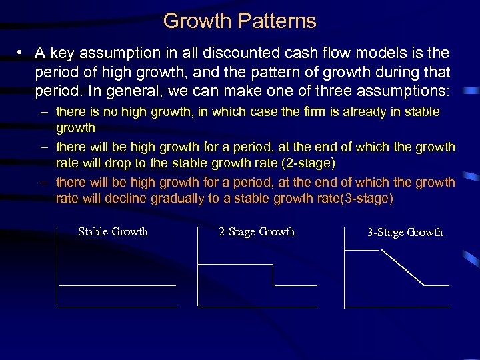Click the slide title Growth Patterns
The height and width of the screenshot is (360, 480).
tap(239, 21)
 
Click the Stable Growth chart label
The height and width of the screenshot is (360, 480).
tap(113, 232)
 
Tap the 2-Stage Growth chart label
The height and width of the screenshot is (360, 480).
tap(257, 232)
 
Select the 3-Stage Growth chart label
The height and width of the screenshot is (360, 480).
tap(405, 233)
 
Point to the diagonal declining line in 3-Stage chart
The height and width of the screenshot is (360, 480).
tap(401, 267)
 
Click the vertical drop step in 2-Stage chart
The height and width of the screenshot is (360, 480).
tap(273, 275)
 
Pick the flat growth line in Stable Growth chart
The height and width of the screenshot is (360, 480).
tap(117, 285)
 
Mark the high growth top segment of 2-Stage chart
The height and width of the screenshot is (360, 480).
tap(235, 264)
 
